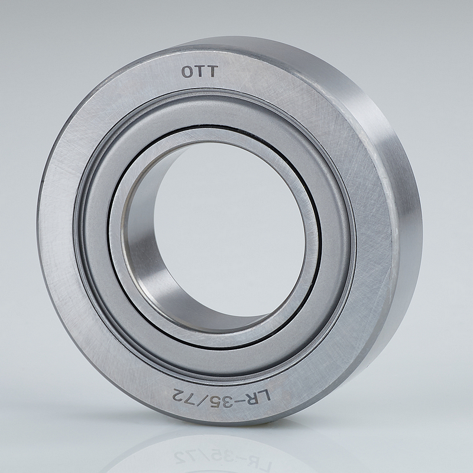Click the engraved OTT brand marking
coord(199,72)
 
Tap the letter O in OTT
coord(187,72)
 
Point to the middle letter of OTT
coord(200,72)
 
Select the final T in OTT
coord(212,72)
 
